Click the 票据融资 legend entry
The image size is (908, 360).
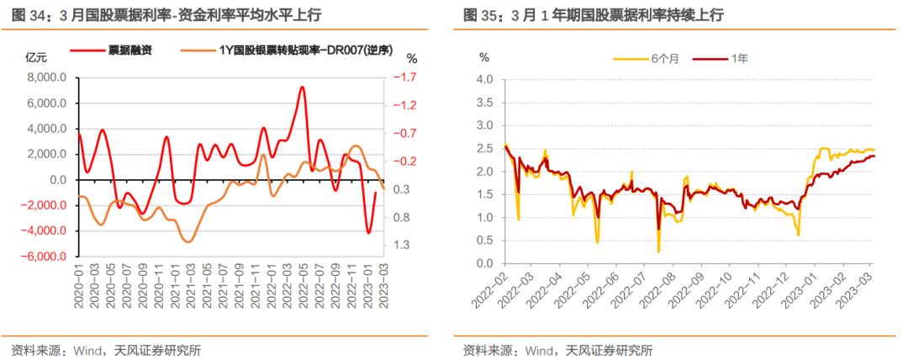131,50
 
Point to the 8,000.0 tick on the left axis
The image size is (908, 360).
47,77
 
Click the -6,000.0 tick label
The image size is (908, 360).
45,257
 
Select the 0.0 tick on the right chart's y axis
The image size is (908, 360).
487,263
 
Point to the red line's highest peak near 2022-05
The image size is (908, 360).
302,87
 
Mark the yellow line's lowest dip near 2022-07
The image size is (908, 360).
658,251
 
